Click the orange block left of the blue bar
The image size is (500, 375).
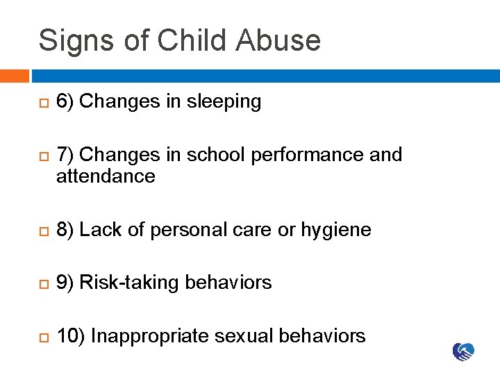(14, 76)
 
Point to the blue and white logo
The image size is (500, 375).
(464, 352)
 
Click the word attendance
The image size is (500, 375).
(106, 176)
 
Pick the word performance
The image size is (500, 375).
(308, 154)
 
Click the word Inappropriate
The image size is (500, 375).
(150, 337)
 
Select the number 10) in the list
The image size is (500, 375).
(71, 336)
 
